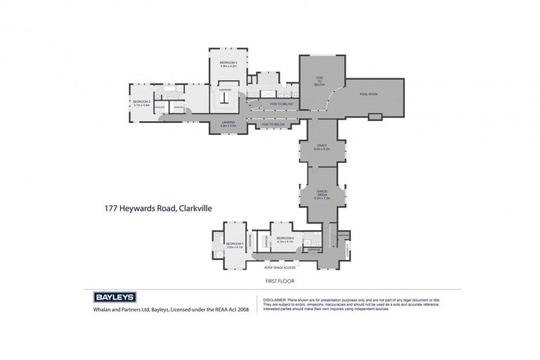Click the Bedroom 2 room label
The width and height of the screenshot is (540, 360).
coord(229,63)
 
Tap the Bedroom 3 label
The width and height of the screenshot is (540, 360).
coord(142,102)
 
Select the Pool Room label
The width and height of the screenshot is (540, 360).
coord(368,94)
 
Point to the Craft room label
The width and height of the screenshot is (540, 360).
coord(321,146)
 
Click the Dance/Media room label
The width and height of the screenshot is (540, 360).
coord(321,193)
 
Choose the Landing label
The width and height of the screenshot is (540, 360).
coord(229,122)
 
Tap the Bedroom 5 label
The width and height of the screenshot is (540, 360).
coord(234,243)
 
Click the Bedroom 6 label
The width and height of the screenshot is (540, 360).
coord(285,238)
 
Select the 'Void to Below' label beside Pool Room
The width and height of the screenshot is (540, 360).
coord(319,81)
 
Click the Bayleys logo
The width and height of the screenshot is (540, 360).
coord(115,297)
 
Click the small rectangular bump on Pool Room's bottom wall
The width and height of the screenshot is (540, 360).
coord(375,116)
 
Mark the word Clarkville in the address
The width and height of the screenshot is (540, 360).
coord(195,208)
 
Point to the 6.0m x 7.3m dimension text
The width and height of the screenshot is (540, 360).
coord(321,198)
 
